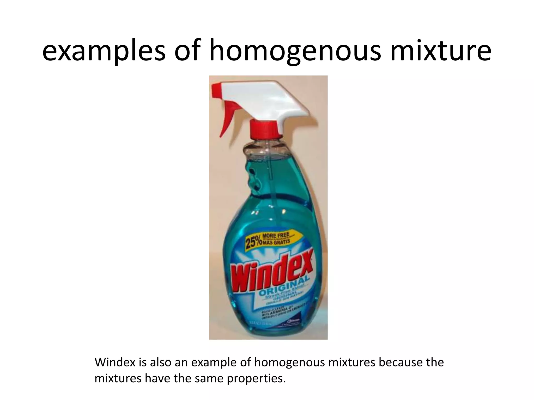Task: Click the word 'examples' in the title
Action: [x=104, y=52]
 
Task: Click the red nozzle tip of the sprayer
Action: [x=218, y=89]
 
